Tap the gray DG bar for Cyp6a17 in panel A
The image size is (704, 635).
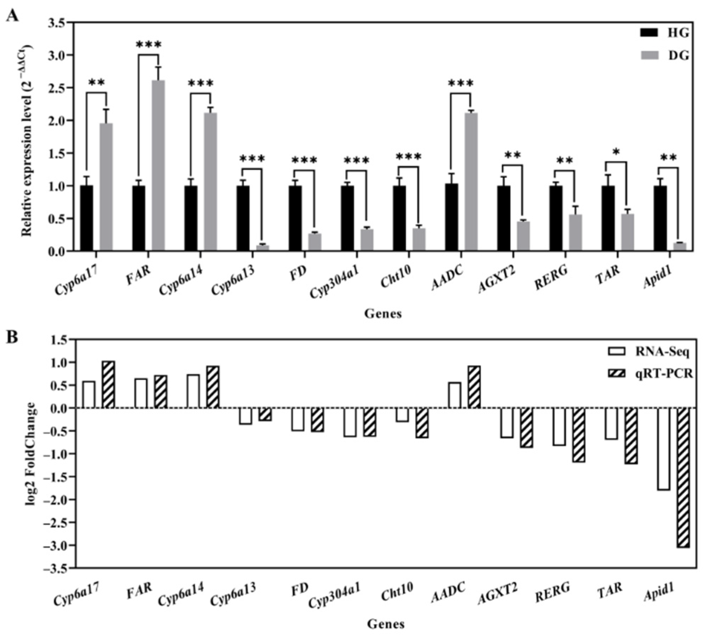(x=106, y=187)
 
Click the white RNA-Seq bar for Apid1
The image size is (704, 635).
(x=664, y=449)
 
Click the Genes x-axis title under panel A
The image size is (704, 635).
(x=383, y=313)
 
